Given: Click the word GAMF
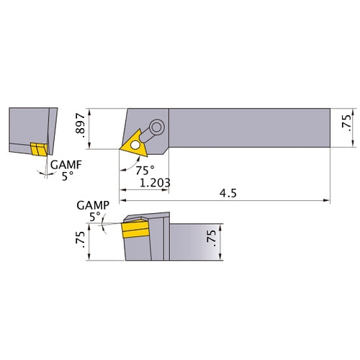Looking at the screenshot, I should (64, 166).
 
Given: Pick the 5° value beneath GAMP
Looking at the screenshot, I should (94, 215).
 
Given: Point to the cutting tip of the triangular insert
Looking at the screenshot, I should (120, 149).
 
